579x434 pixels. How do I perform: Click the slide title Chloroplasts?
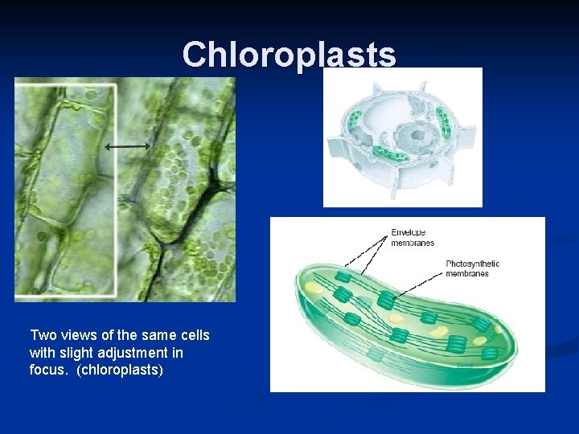289,55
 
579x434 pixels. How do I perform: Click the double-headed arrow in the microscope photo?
127,146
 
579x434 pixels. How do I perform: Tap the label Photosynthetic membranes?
472,268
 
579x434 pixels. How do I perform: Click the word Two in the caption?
43,335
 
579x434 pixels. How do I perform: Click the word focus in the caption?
49,371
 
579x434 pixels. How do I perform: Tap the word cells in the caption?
193,335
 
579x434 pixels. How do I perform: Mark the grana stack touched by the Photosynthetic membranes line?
386,301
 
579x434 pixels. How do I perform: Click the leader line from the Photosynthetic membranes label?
418,285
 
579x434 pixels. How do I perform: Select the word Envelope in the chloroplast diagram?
409,233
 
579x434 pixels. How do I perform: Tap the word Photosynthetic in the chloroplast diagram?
472,264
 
